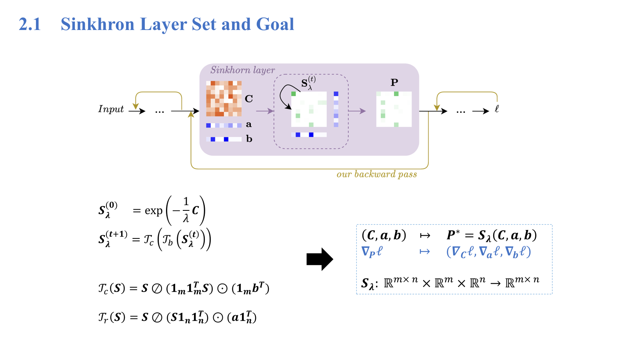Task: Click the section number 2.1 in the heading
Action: tap(30, 24)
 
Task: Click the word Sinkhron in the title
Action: tap(97, 24)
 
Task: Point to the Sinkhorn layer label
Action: tap(242, 70)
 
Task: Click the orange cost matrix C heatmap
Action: tap(224, 98)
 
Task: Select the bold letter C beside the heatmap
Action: tap(249, 99)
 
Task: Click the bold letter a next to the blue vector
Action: tap(249, 125)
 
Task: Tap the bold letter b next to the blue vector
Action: tap(249, 139)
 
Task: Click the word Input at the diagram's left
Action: tap(111, 109)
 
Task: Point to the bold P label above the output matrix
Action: tap(394, 83)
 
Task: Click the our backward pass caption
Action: tap(376, 174)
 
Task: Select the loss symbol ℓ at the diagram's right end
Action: tap(497, 109)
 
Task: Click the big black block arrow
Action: tap(320, 259)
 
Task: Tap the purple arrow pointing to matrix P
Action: tap(357, 111)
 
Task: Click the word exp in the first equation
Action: tap(154, 211)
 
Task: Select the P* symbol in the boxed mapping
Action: tap(453, 235)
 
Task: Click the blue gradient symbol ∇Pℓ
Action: tap(372, 252)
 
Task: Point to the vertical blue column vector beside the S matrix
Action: tap(336, 109)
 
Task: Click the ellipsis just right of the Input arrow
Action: tap(160, 112)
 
